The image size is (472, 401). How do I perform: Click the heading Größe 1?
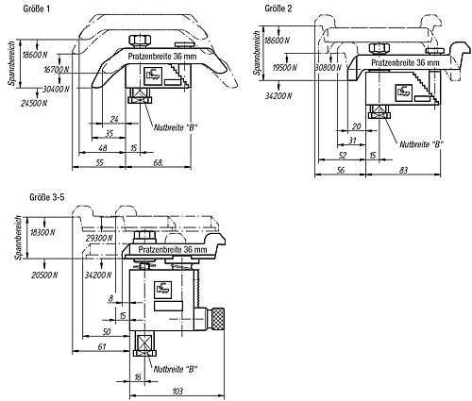(37, 8)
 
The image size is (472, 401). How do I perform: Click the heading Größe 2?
(278, 8)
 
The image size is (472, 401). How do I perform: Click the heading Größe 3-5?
(47, 197)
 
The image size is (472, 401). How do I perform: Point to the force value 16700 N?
(56, 70)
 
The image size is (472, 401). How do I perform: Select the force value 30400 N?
(56, 89)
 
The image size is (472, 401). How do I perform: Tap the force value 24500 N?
(34, 103)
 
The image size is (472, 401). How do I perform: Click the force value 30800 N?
(329, 67)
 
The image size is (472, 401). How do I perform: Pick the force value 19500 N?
(285, 67)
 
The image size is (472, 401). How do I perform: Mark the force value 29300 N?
(99, 238)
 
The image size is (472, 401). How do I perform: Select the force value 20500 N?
(44, 275)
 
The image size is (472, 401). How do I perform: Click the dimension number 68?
(159, 162)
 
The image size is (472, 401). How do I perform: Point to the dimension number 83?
(403, 170)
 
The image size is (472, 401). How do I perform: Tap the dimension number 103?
(177, 392)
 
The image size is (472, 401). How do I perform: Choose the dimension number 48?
(103, 148)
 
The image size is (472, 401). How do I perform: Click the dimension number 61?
(102, 347)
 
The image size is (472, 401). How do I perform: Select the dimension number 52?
(343, 155)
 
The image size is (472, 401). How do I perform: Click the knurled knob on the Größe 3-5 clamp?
(218, 319)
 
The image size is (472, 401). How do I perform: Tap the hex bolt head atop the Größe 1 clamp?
(140, 41)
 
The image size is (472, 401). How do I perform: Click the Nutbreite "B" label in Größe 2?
(421, 144)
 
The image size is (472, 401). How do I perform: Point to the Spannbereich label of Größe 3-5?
(19, 238)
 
